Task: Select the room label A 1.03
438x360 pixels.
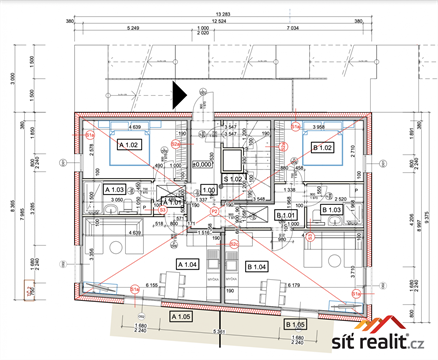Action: point(114,189)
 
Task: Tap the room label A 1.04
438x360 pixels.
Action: point(188,262)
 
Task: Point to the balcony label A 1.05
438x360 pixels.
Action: point(181,317)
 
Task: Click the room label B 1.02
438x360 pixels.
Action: point(322,148)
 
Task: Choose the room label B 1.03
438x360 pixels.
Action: point(332,211)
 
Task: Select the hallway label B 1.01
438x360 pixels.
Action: point(287,215)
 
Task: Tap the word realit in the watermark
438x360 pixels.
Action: point(382,344)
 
